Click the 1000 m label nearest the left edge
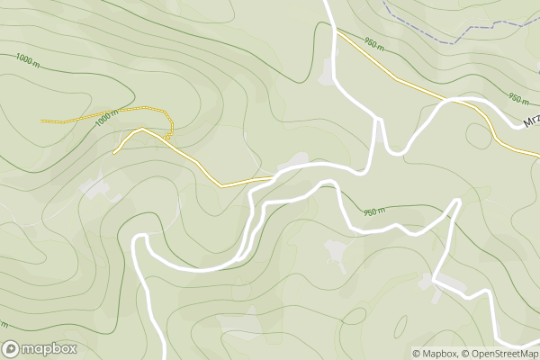pos(28,58)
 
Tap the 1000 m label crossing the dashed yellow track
pos(106,117)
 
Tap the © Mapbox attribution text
pos(435,353)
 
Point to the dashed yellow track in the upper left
pos(90,114)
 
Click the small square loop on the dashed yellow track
pos(168,137)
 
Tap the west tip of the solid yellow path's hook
pos(115,153)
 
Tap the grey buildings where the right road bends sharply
pos(450,285)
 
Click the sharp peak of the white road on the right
pos(458,200)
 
